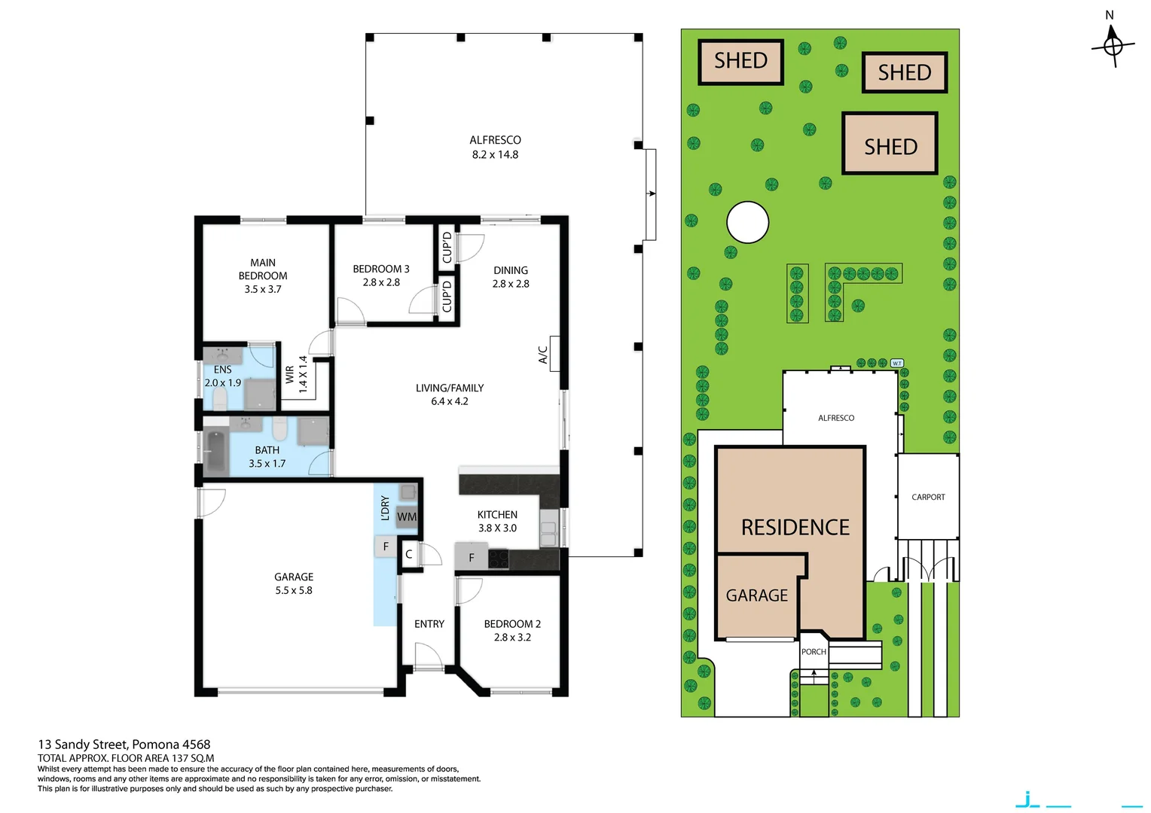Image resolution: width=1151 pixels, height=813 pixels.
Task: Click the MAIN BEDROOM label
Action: [x=263, y=269]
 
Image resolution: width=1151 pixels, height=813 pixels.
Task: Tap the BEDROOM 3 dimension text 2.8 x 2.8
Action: [x=381, y=282]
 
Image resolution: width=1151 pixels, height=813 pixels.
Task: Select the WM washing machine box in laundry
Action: [x=407, y=516]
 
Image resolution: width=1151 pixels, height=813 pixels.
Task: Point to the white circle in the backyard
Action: [x=747, y=222]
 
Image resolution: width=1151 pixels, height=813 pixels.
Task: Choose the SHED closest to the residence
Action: [x=890, y=144]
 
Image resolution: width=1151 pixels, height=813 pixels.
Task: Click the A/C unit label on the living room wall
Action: [x=543, y=355]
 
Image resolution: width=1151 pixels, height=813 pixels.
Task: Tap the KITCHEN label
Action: [x=497, y=515]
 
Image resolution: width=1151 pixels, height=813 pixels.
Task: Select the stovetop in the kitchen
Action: [x=498, y=559]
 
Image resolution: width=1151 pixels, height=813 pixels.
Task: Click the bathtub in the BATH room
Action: [x=216, y=452]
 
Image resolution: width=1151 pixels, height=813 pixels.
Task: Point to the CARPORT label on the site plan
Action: [x=928, y=497]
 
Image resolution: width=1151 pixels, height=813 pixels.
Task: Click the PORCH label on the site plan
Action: [x=814, y=652]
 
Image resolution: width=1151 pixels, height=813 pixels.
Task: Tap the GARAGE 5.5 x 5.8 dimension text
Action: [x=294, y=591]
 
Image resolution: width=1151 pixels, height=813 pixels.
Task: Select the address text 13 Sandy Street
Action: [x=124, y=744]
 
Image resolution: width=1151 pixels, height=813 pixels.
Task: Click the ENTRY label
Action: [x=429, y=624]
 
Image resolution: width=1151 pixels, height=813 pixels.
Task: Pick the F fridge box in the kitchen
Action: [x=472, y=558]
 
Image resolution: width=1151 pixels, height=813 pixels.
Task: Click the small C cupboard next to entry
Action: [x=409, y=554]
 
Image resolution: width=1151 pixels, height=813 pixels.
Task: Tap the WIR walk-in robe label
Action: [x=290, y=375]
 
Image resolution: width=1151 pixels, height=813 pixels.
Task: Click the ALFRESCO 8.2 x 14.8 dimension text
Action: [x=495, y=155]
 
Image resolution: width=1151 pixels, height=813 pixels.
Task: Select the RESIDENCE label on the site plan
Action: [x=795, y=527]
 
